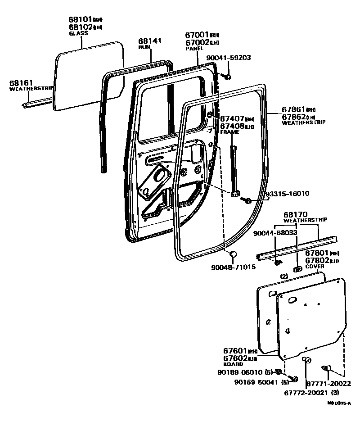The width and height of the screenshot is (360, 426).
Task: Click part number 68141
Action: click(149, 41)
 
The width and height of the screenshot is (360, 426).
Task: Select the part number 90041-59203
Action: click(228, 58)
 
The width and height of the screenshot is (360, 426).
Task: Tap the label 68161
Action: click(20, 83)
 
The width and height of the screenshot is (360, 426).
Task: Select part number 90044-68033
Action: click(274, 233)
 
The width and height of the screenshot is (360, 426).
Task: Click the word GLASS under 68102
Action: click(78, 33)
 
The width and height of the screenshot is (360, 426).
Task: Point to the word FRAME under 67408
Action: click(229, 133)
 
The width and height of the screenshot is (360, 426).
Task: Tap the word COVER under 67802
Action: click(315, 267)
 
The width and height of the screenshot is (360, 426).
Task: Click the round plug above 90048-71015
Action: click(233, 255)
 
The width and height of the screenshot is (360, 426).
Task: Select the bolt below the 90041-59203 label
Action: click(227, 77)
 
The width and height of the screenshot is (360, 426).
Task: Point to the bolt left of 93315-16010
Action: click(247, 199)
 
